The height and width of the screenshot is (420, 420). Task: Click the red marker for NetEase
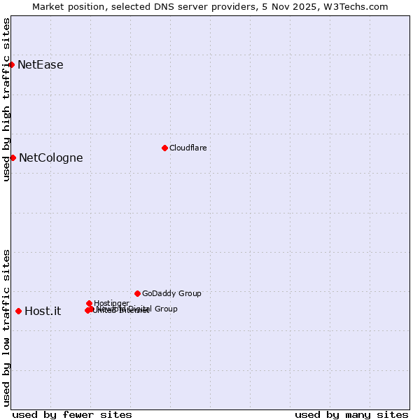[11, 64]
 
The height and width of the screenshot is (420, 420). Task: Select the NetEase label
[40, 65]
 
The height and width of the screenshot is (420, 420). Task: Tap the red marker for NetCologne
[13, 157]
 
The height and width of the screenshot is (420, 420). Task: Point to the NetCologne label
[50, 158]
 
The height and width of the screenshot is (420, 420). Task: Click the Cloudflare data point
[164, 148]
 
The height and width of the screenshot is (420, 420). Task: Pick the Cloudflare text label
[188, 148]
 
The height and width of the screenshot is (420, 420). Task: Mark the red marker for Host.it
[18, 311]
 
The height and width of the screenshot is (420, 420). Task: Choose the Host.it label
[43, 311]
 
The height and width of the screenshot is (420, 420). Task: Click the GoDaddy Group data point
[137, 293]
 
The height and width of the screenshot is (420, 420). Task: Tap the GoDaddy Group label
[171, 293]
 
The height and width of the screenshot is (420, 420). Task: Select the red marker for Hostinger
[89, 303]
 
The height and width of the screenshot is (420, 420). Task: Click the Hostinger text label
[111, 303]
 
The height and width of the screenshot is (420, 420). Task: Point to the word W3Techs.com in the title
[360, 6]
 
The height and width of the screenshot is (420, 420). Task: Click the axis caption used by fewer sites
[72, 414]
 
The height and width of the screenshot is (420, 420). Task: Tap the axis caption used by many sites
[351, 414]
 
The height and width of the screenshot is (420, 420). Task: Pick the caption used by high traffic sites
[6, 99]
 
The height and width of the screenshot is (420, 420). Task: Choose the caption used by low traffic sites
[6, 327]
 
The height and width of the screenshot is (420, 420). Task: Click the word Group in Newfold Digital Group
[165, 309]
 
